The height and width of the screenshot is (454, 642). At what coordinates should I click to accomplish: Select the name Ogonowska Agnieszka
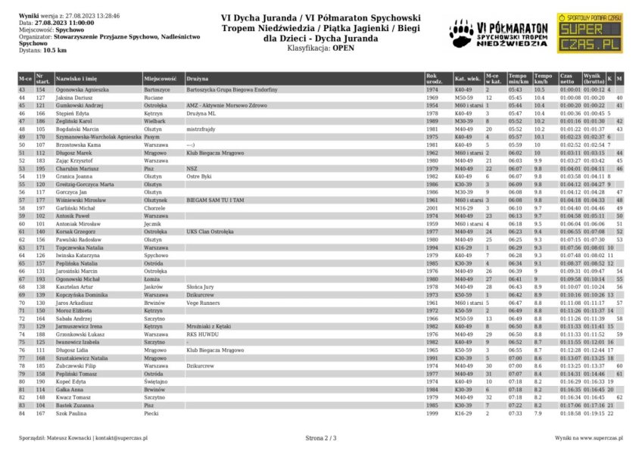(82, 89)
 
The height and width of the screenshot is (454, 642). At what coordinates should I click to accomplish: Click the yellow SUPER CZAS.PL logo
(589, 33)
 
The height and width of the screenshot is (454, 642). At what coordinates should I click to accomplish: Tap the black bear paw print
(461, 31)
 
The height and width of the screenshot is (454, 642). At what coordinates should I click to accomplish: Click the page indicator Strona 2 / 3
(321, 437)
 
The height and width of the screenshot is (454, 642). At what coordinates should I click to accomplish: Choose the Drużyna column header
(198, 79)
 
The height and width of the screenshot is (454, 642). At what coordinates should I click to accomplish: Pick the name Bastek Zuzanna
(76, 405)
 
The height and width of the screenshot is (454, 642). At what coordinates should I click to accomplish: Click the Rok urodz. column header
(432, 79)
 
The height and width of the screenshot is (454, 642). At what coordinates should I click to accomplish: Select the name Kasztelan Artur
(76, 287)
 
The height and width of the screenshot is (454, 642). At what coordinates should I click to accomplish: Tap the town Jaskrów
(154, 287)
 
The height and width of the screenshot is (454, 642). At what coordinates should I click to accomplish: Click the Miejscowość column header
(160, 79)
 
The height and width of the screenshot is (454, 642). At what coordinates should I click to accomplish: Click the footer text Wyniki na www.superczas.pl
(588, 437)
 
